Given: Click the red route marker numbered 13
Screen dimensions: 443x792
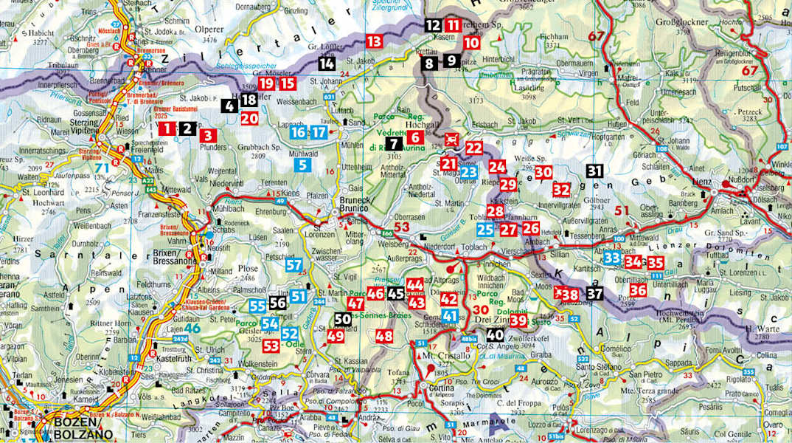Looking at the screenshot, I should click(374, 41).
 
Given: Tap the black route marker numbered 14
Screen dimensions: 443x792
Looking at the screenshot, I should click(327, 63).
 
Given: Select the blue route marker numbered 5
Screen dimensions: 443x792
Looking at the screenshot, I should click(302, 165).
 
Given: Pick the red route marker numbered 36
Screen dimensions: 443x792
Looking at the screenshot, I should click(638, 290).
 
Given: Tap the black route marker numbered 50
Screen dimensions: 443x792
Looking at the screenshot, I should click(342, 319).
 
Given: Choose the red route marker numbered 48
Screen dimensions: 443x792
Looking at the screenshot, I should click(383, 336).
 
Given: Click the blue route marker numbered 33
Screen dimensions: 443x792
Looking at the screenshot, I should click(611, 258).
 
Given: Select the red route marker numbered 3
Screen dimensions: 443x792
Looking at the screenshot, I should click(209, 135).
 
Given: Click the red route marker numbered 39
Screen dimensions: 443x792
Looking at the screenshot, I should click(518, 320).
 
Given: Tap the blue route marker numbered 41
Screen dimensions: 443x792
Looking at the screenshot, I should click(449, 316).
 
